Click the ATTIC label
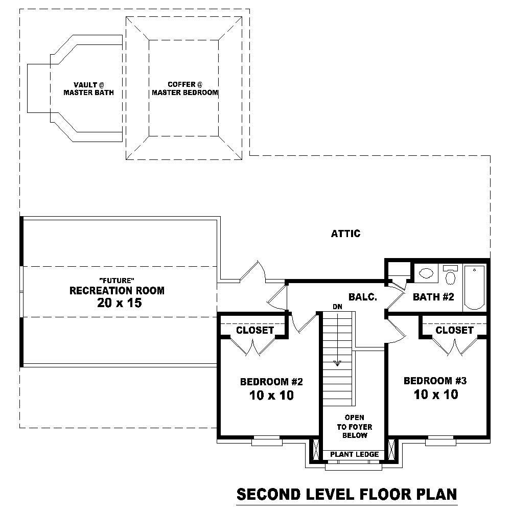tap(345, 234)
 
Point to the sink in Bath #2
tap(425, 273)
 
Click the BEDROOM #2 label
tap(272, 382)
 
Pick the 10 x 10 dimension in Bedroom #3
tap(435, 394)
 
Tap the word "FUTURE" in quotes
tap(117, 281)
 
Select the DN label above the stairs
tap(337, 307)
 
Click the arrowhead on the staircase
tap(337, 363)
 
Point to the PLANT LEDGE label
tap(354, 454)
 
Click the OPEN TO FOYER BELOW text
tap(354, 427)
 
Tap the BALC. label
tap(363, 297)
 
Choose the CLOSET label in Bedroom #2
tap(254, 331)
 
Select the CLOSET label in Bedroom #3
tap(454, 331)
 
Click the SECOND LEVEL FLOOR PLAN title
tap(346, 494)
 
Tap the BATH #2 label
tap(433, 297)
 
